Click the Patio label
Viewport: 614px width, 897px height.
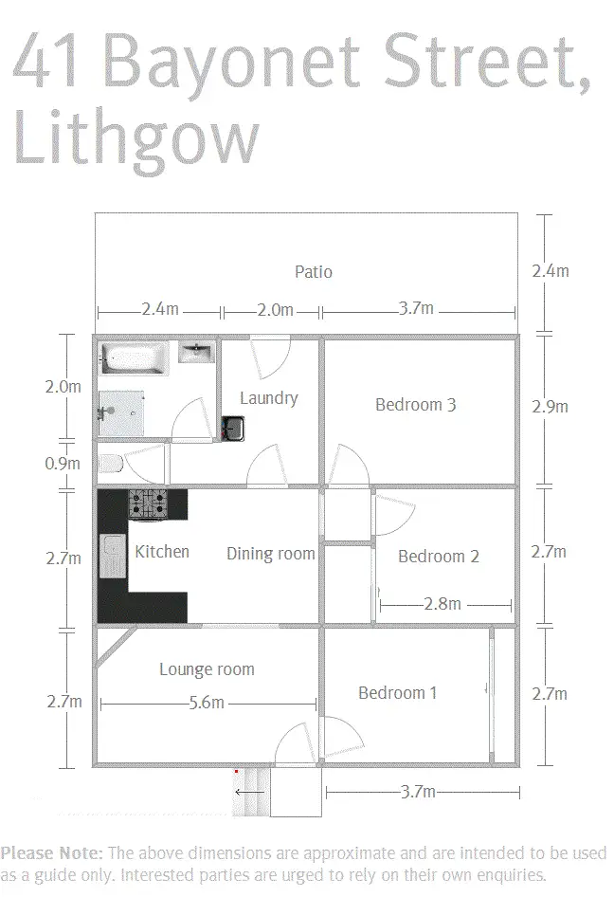tap(313, 272)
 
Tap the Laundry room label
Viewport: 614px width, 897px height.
tap(268, 398)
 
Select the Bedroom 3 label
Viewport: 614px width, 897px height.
tap(416, 405)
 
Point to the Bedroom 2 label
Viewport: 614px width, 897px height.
tap(438, 557)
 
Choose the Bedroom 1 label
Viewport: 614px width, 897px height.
tap(397, 693)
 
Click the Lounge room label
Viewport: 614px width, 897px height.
tap(207, 669)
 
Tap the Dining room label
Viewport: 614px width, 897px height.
tap(270, 554)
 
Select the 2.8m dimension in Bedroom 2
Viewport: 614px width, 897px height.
tap(442, 604)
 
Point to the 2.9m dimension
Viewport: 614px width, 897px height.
tap(550, 407)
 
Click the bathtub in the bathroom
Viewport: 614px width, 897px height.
tap(134, 358)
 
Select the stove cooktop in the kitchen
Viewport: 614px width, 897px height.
tap(147, 503)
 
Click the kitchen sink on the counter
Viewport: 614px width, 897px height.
tap(112, 557)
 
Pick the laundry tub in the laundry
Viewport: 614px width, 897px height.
tap(232, 430)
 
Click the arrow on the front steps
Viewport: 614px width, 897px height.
tap(250, 792)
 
